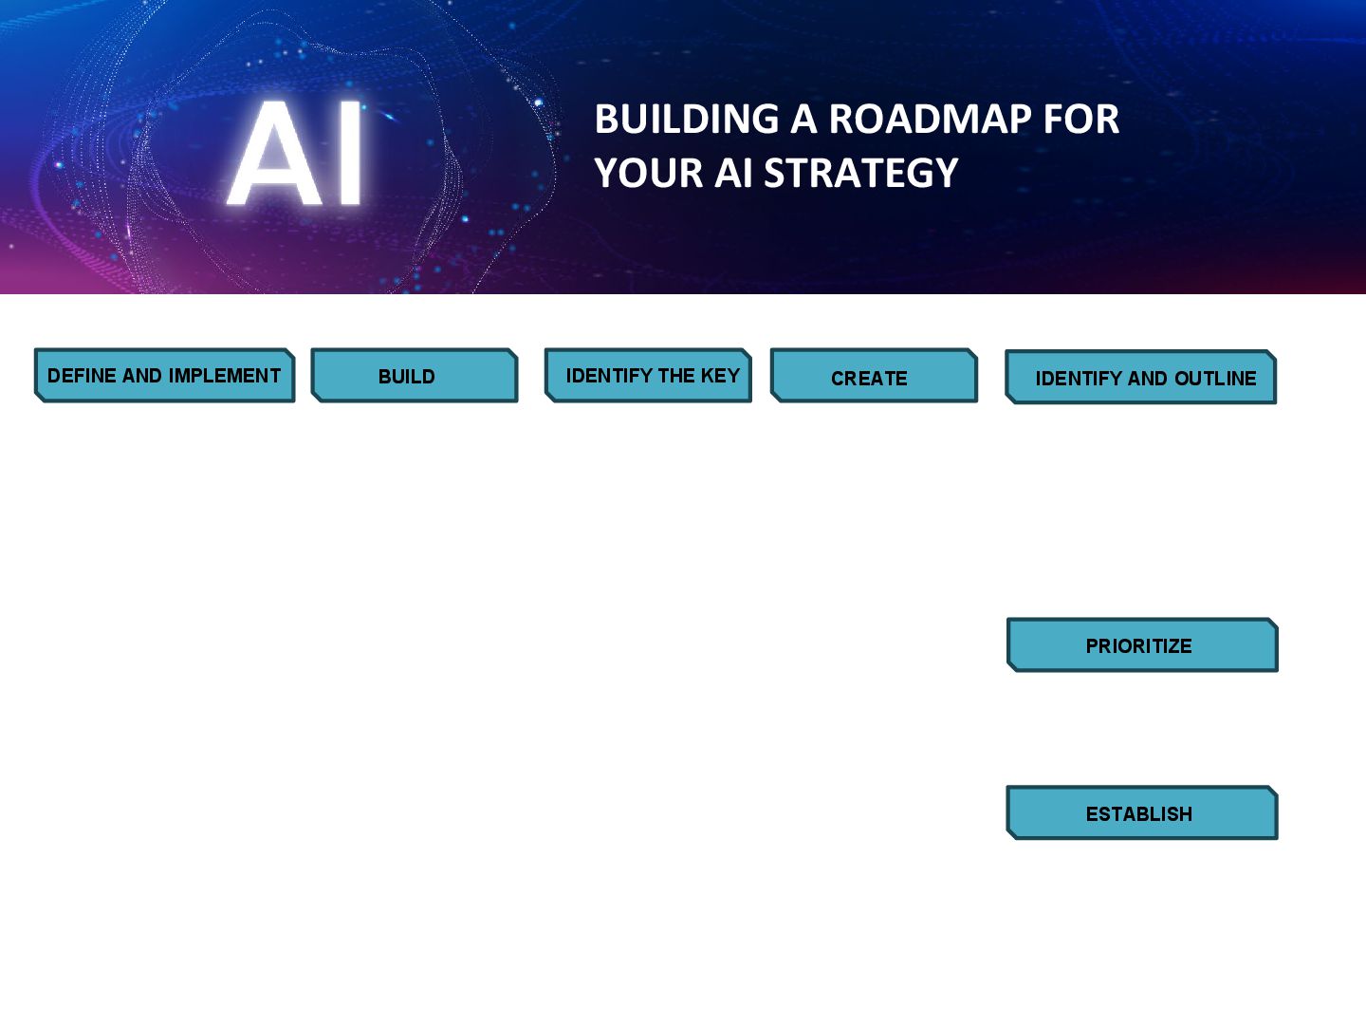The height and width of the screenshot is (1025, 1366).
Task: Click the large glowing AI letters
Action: tap(296, 154)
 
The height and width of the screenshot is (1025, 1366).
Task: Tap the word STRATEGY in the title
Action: tap(861, 174)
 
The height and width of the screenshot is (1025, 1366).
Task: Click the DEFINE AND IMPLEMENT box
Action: tap(164, 376)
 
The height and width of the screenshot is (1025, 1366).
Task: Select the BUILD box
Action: tap(415, 376)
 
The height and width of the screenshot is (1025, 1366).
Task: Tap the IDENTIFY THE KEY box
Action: tap(648, 376)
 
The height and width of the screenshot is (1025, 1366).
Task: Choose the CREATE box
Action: tap(874, 377)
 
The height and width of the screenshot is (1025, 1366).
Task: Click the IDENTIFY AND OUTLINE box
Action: tap(1141, 378)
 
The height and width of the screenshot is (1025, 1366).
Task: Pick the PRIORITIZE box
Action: tap(1142, 645)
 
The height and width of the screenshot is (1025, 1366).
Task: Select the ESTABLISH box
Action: tap(1142, 813)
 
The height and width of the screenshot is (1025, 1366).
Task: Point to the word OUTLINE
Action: tap(1215, 379)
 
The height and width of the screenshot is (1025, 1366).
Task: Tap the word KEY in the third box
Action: tap(720, 376)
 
